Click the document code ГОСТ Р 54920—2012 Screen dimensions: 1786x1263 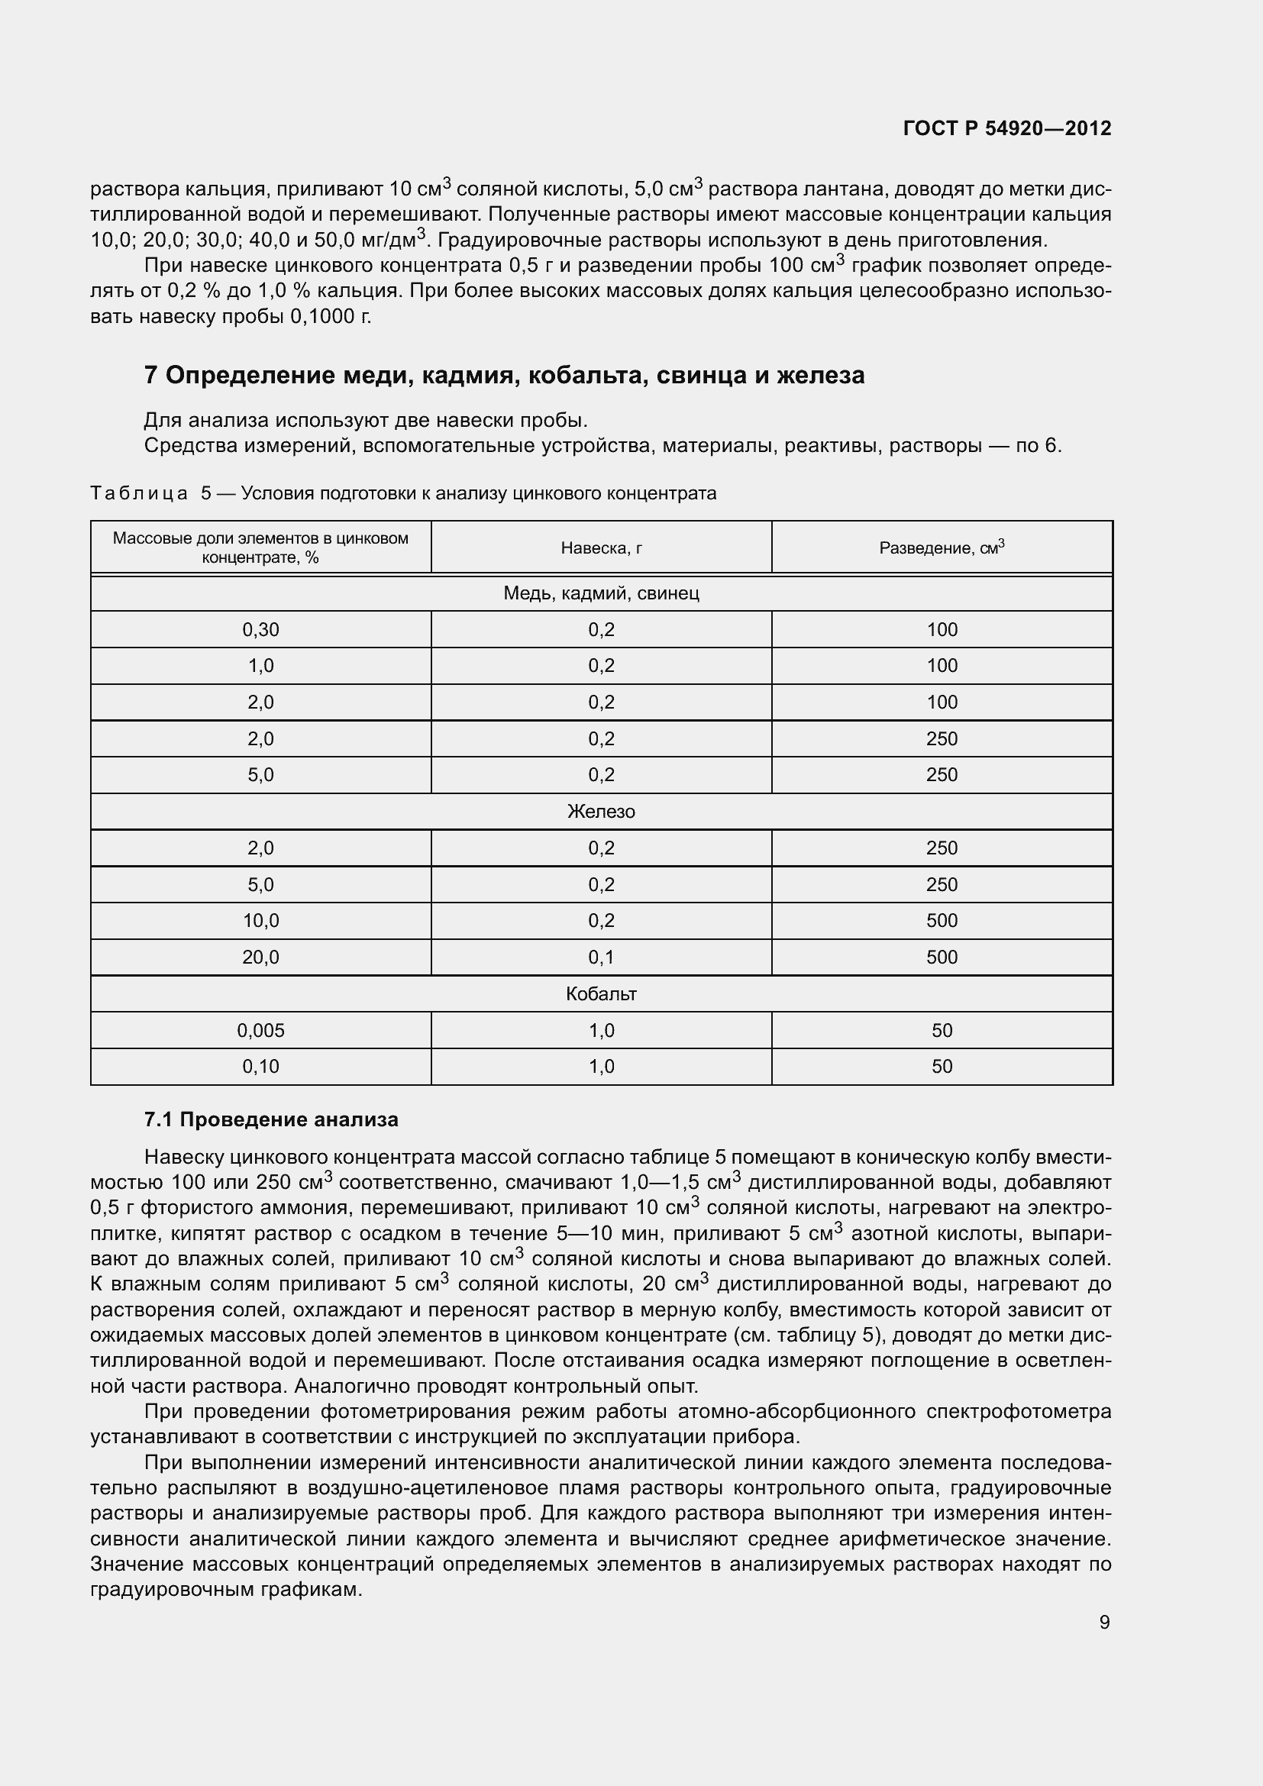[x=1007, y=128]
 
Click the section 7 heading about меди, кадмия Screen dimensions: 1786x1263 [x=504, y=376]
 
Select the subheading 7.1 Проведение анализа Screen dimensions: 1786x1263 [x=270, y=1119]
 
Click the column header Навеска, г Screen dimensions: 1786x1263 [x=601, y=548]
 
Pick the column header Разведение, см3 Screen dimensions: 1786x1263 [x=941, y=547]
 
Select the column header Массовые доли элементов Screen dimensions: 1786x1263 [x=260, y=547]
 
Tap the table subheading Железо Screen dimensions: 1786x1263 [x=601, y=812]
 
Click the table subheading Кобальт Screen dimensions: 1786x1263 [x=601, y=994]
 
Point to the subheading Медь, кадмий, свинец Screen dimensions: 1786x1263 [x=601, y=593]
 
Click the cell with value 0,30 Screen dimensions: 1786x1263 [x=260, y=630]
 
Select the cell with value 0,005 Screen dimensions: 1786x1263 [x=260, y=1031]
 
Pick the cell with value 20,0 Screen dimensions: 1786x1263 [x=260, y=958]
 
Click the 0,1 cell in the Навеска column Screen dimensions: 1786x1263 [x=601, y=958]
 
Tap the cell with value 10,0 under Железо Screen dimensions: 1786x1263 [x=260, y=921]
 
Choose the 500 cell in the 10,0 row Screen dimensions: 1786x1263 [x=941, y=921]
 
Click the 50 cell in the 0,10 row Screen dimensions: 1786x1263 [x=941, y=1067]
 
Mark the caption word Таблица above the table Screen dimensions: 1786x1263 [x=139, y=494]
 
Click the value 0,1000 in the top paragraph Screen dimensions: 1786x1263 [x=325, y=318]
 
